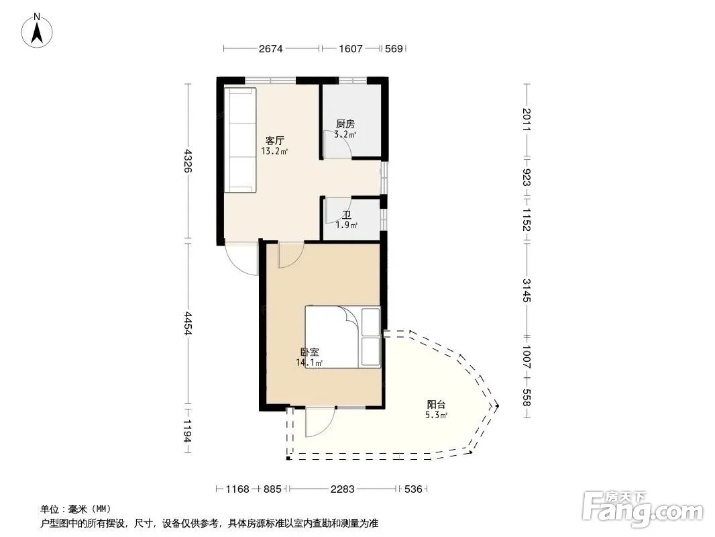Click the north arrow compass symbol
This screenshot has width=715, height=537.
pos(37,31)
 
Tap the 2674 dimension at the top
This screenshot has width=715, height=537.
pos(271,48)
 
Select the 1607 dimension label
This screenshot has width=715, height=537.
pos(351,48)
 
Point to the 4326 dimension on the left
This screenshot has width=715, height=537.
pos(187,160)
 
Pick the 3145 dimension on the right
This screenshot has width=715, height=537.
pos(527,290)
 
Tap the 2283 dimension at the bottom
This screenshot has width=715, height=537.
pos(343,489)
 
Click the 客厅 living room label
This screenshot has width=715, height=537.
pos(274,140)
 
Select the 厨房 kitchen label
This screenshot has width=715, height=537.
pos(345,124)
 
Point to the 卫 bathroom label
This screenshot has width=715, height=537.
pos(347,215)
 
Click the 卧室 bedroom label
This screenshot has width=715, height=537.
pos(310,352)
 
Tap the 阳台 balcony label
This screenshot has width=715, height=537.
pos(436,404)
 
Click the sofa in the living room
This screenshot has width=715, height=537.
pos(240,140)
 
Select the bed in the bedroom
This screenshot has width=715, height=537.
pos(343,337)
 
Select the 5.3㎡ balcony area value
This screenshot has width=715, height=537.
pos(436,416)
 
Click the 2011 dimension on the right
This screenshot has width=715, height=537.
pos(527,119)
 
